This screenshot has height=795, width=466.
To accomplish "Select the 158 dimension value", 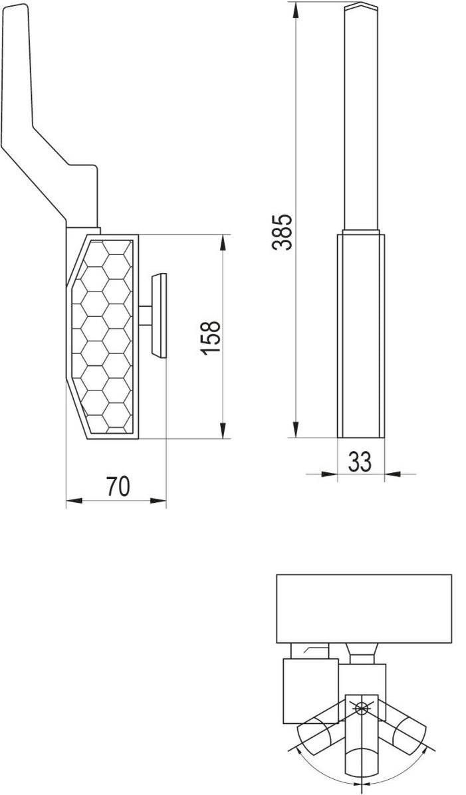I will [210, 337].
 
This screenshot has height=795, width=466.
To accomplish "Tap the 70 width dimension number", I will [117, 487].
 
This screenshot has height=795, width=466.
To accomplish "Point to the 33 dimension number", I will [360, 461].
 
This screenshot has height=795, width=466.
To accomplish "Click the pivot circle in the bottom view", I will [361, 708].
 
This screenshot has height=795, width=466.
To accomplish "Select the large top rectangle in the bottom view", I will [363, 608].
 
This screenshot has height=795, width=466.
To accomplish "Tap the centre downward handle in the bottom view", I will [361, 751].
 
